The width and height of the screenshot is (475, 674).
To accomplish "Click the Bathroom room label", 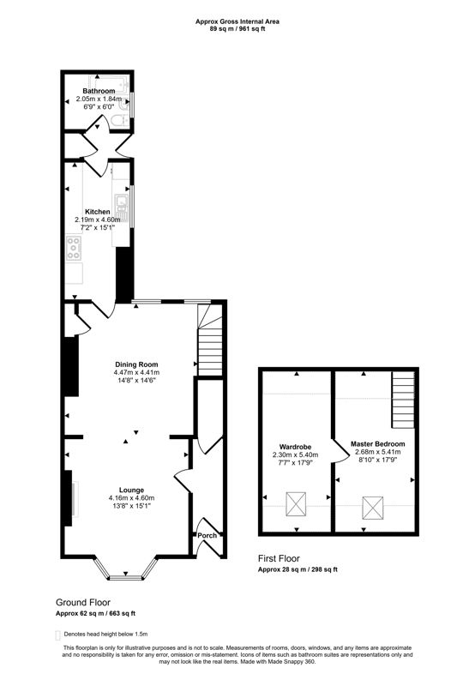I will tap(99, 90).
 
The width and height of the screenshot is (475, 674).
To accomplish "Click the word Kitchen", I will tap(97, 211).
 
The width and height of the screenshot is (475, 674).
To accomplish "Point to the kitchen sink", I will tap(123, 203).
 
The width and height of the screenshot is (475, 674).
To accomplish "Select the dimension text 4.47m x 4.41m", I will tap(136, 373).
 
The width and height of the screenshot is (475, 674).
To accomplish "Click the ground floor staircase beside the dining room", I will tap(210, 347).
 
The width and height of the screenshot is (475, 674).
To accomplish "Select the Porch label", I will tap(207, 536).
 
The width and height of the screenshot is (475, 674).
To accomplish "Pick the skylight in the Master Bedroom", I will tap(373, 508).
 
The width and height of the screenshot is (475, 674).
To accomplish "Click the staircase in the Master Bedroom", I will tap(403, 401).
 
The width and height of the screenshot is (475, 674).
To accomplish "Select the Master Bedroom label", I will tap(377, 443).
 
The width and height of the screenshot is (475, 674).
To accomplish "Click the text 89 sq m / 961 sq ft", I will tap(237, 28).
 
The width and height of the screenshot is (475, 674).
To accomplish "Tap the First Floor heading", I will tap(280, 557).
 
